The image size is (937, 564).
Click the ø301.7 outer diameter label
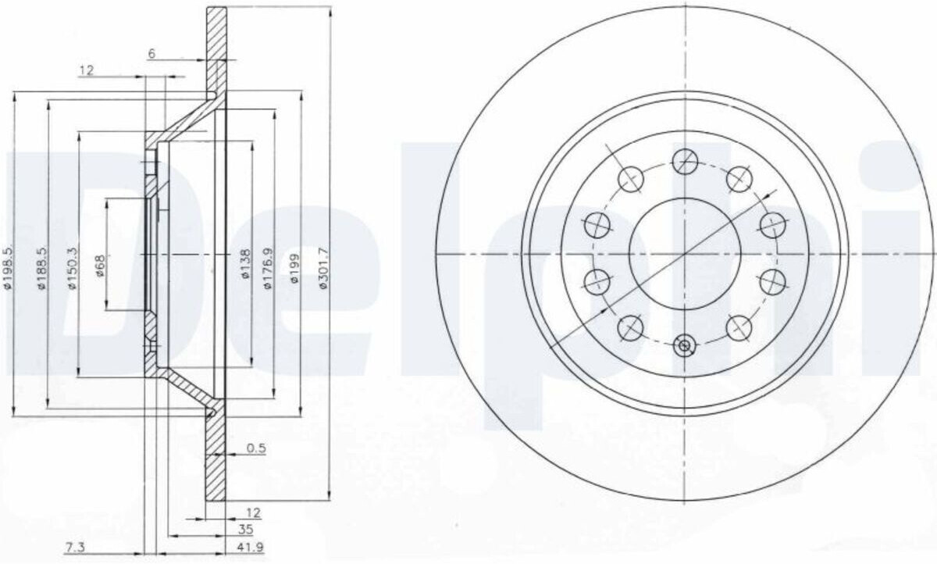[324, 268]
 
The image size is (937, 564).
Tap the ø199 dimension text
[295, 268]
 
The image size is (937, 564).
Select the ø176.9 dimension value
[268, 268]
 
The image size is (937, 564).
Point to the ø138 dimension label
[245, 263]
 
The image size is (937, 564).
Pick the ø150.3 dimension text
[73, 268]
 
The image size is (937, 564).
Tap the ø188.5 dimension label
[42, 268]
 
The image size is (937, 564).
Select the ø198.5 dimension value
[9, 268]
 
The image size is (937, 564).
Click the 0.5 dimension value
[256, 448]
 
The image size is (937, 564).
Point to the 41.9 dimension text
[251, 547]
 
